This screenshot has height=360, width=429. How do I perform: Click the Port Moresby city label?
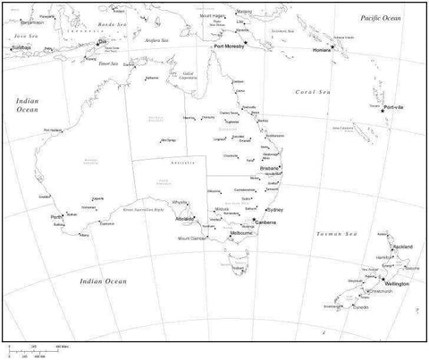click(230, 50)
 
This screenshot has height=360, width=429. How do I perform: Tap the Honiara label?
click(322, 50)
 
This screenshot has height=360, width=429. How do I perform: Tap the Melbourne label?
click(243, 233)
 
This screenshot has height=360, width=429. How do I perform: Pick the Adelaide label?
click(185, 218)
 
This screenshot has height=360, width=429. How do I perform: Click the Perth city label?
click(56, 217)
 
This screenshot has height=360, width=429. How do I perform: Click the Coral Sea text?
click(313, 91)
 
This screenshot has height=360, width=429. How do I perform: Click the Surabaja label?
click(18, 46)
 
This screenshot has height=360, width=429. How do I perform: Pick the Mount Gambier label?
click(192, 239)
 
